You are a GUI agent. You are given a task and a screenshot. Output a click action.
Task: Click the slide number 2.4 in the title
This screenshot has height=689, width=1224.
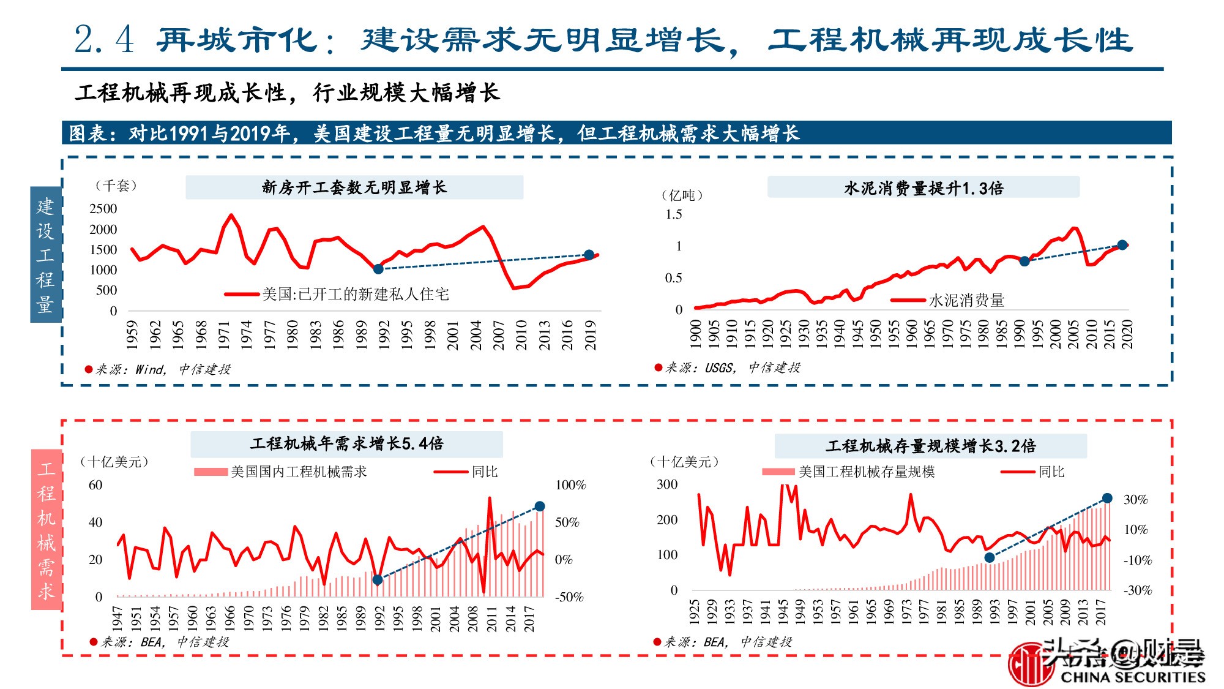[x=104, y=40]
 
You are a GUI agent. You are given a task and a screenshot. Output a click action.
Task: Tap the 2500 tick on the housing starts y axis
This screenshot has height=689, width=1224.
[x=103, y=209]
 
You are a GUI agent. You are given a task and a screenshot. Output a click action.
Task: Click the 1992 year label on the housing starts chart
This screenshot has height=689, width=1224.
[x=384, y=334]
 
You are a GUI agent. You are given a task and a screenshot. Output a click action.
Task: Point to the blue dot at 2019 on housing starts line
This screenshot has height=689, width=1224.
[x=589, y=255]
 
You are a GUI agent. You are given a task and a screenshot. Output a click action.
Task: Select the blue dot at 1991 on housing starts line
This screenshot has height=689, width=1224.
[x=378, y=269]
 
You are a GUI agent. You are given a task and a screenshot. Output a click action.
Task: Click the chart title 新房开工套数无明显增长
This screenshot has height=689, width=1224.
[x=354, y=187]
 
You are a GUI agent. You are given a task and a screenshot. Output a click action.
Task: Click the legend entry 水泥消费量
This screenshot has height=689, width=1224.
[x=966, y=300]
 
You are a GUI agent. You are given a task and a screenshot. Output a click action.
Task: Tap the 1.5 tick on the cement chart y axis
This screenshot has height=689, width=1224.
[x=673, y=214]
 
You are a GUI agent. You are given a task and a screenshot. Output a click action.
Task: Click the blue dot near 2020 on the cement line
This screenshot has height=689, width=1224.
[x=1122, y=245]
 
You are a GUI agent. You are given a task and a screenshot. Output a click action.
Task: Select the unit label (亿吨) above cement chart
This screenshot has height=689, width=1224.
[x=682, y=195]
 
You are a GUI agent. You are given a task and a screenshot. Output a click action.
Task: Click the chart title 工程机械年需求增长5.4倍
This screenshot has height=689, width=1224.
[x=346, y=443]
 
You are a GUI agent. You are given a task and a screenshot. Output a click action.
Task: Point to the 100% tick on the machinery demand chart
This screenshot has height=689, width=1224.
[x=570, y=485]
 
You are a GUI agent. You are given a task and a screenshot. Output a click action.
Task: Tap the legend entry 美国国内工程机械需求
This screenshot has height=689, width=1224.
[x=299, y=472]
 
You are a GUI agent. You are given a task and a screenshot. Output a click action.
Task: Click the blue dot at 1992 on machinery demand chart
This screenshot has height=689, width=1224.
[x=378, y=579]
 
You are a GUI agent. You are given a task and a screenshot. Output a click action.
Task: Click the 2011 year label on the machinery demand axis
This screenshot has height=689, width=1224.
[x=492, y=619]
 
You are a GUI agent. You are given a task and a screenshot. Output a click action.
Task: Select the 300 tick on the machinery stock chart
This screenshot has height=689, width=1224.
[x=667, y=484]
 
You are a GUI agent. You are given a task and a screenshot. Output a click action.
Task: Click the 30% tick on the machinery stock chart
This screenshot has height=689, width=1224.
[x=1135, y=500]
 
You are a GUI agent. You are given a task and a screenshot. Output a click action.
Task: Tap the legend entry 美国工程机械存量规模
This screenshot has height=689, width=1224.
[x=866, y=472]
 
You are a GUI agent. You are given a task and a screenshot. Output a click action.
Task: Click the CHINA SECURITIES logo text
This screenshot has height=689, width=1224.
[x=1132, y=677]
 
